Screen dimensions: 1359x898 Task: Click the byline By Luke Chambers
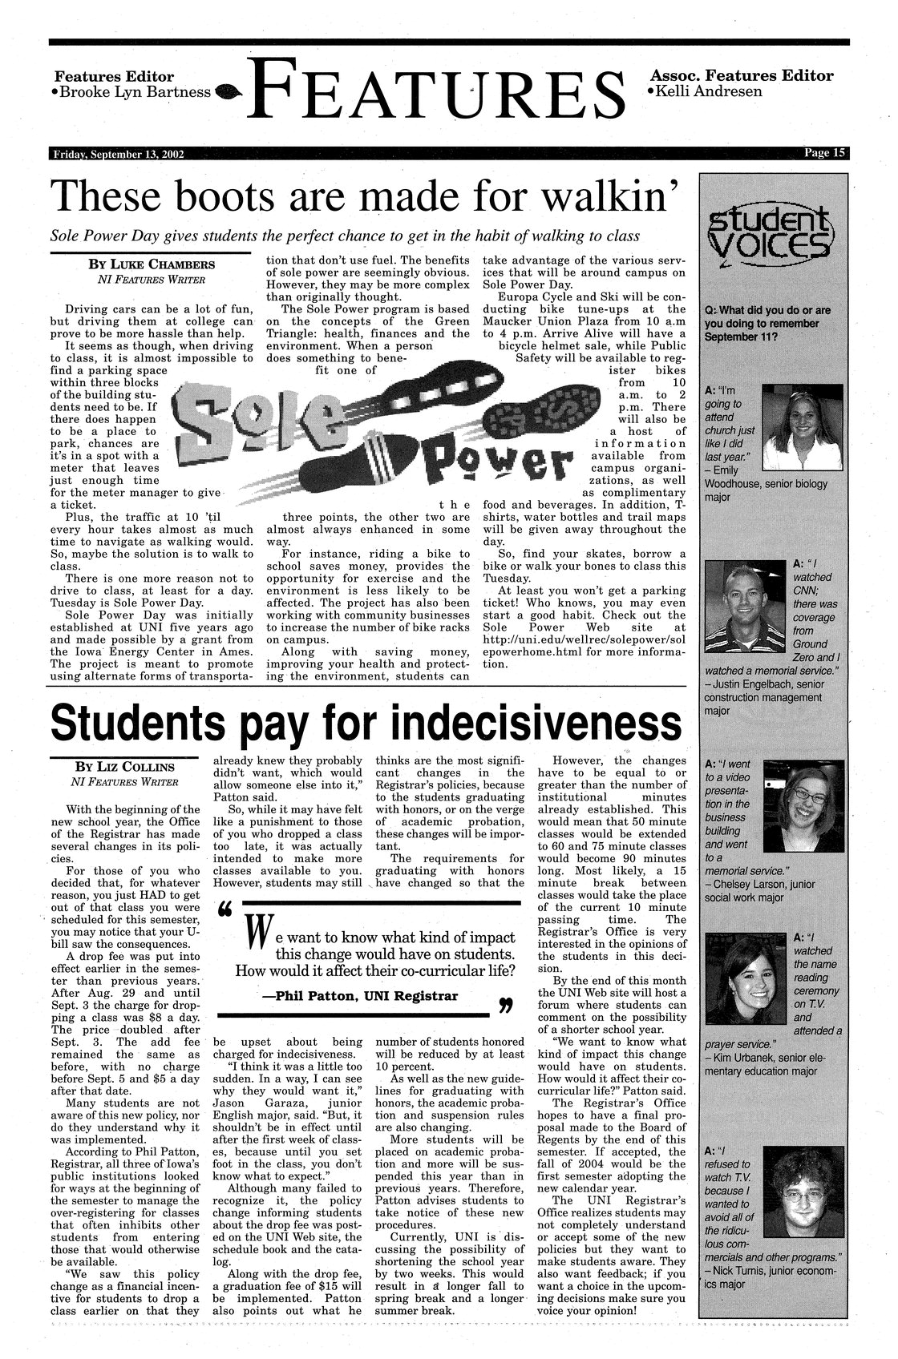click(x=150, y=264)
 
